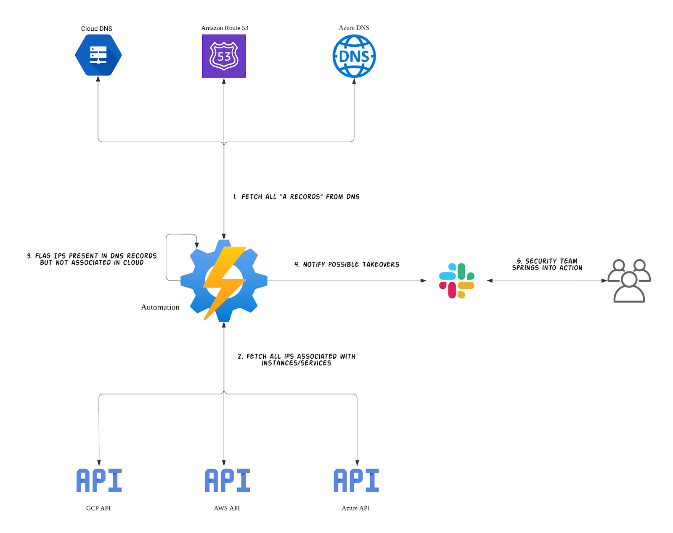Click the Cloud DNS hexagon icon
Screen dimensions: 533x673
(98, 55)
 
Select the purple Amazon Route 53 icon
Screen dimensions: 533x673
(224, 56)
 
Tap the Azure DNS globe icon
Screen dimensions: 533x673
(354, 56)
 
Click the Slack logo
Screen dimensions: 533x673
(457, 281)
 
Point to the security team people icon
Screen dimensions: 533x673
(629, 281)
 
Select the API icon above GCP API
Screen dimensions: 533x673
(99, 480)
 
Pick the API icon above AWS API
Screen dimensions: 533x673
(227, 480)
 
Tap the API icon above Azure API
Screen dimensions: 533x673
(356, 480)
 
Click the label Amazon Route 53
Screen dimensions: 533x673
(225, 28)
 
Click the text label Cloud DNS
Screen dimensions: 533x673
(97, 29)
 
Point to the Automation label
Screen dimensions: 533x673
(160, 307)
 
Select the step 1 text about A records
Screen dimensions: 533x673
(297, 197)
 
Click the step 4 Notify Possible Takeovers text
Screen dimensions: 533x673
(347, 264)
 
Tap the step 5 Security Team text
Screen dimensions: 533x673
(547, 264)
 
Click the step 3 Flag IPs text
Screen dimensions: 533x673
(92, 259)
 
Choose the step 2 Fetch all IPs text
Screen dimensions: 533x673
(297, 360)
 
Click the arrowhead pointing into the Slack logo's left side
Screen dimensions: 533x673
(423, 280)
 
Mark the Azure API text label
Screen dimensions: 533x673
(355, 508)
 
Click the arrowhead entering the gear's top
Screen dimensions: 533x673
(224, 237)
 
